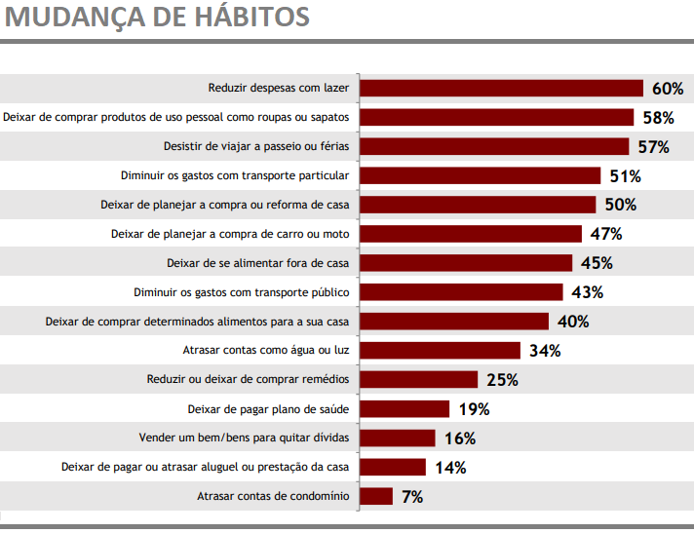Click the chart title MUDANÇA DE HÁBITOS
coord(157,18)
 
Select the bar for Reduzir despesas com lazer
coord(502,89)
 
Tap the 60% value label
coord(668,89)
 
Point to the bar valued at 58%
coord(498,118)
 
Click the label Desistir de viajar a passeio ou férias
coord(255,147)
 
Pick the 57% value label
coord(653,147)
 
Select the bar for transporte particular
coord(481,175)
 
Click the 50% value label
coord(621,205)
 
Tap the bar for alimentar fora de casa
coord(466,263)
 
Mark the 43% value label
coord(588,292)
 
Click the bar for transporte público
coord(462,292)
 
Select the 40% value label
coord(573,322)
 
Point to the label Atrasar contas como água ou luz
coord(266,350)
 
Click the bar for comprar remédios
coord(419,379)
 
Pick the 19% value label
coord(474,408)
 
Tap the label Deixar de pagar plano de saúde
coord(268,408)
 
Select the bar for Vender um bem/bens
coord(398,438)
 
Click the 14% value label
coord(450,467)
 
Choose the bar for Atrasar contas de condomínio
coord(376,496)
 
